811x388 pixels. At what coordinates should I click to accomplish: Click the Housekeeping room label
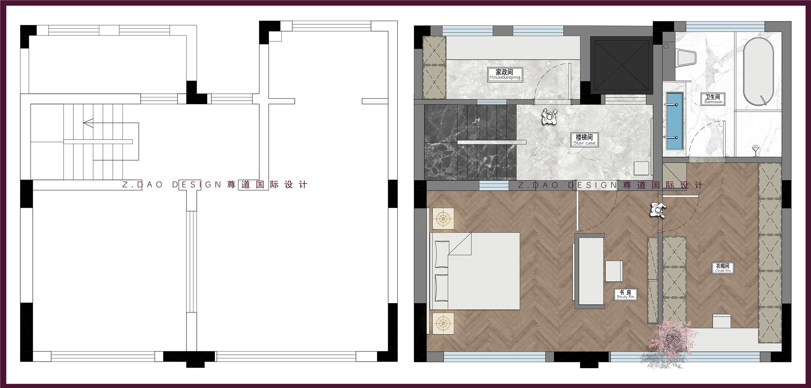[x=505, y=75]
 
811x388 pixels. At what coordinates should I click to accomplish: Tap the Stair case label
[x=584, y=140]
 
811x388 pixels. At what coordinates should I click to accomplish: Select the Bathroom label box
[x=713, y=99]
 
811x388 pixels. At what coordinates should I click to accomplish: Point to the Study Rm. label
[x=625, y=294]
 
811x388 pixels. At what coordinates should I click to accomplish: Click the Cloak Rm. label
[x=723, y=268]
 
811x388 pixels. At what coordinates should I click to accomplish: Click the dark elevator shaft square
[x=620, y=65]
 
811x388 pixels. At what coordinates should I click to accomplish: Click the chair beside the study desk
[x=614, y=271]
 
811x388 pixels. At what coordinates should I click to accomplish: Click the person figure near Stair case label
[x=550, y=117]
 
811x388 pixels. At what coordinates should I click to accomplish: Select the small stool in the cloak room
[x=721, y=320]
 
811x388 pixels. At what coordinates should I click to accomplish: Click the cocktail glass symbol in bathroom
[x=755, y=150]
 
